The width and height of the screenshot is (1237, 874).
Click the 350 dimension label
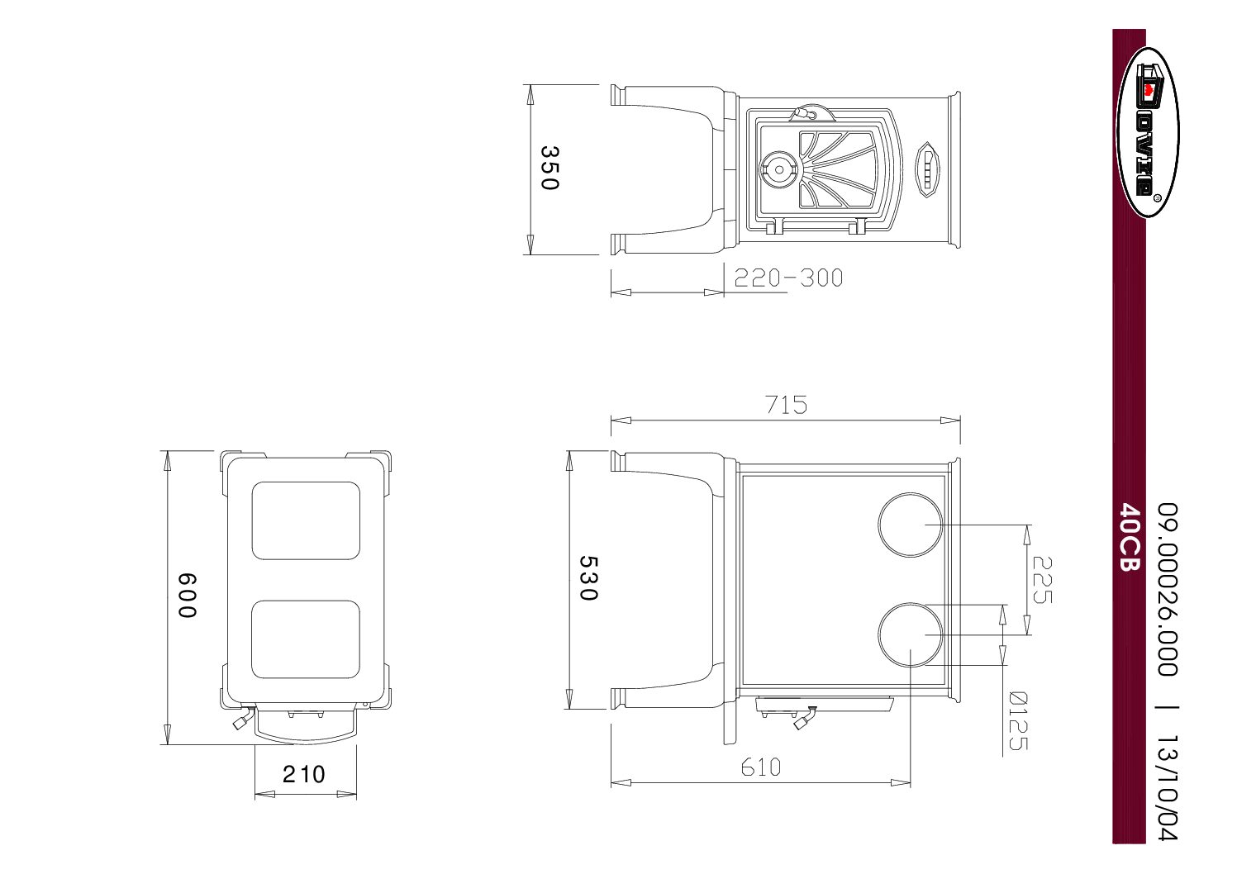[x=550, y=168]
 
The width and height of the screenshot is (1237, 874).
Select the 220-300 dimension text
[x=788, y=278]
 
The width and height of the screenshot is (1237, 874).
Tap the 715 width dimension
[x=786, y=405]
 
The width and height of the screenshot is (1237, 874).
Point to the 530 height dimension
[x=588, y=577]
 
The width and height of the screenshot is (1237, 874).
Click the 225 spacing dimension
[x=1042, y=579]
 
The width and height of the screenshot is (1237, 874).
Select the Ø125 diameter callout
[x=1019, y=720]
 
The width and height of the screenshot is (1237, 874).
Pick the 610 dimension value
[x=760, y=767]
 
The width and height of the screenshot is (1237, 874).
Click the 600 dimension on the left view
[x=188, y=596]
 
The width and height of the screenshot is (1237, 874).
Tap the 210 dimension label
[x=304, y=774]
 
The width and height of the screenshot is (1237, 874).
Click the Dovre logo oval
[x=1148, y=132]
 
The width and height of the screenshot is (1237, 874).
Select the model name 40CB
[x=1130, y=537]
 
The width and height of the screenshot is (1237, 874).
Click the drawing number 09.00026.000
[x=1166, y=588]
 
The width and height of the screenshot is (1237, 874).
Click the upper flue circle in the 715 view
[x=910, y=525]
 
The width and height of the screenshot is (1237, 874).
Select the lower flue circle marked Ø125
[x=910, y=634]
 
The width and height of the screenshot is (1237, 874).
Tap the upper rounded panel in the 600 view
[x=306, y=520]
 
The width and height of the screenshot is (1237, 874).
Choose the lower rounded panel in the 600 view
[x=306, y=639]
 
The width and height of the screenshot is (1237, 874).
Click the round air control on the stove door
[x=778, y=169]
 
